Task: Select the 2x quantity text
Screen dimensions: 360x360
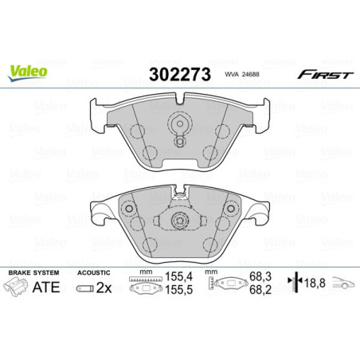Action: [104, 288]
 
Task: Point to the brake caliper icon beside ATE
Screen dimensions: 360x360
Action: [22, 289]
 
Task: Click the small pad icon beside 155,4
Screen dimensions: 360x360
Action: [144, 287]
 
